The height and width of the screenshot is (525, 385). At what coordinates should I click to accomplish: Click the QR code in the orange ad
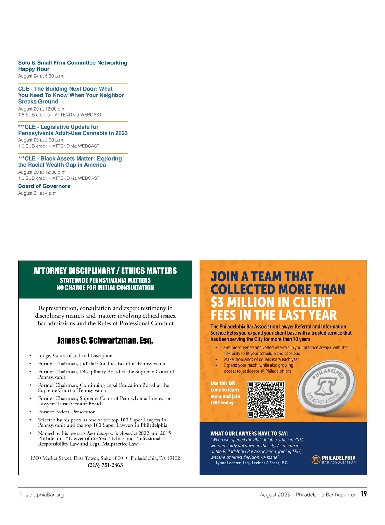(266, 399)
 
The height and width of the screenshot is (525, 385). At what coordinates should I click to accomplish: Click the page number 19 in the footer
(364, 494)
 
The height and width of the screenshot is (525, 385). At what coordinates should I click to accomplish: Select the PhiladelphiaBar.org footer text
(41, 495)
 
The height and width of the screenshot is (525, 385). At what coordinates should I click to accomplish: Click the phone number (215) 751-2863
(105, 465)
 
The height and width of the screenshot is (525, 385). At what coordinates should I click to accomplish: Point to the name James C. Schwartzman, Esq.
(105, 340)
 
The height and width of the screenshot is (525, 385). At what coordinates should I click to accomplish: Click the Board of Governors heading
(44, 186)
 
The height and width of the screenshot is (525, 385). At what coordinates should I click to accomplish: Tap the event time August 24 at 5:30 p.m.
(41, 76)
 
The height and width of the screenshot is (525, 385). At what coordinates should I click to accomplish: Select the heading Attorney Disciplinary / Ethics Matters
(105, 271)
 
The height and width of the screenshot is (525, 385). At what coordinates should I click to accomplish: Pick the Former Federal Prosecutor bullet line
(66, 412)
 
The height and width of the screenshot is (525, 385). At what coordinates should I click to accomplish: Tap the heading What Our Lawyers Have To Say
(249, 433)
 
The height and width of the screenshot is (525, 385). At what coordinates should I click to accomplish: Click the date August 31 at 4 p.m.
(38, 193)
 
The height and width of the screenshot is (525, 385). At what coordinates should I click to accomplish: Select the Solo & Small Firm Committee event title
(73, 66)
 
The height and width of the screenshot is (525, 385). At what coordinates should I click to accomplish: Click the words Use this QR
(223, 383)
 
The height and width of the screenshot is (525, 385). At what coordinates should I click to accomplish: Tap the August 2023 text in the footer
(275, 495)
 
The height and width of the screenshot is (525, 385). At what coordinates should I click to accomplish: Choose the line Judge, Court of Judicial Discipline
(75, 355)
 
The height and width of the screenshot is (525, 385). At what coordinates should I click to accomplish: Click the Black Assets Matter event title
(70, 162)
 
